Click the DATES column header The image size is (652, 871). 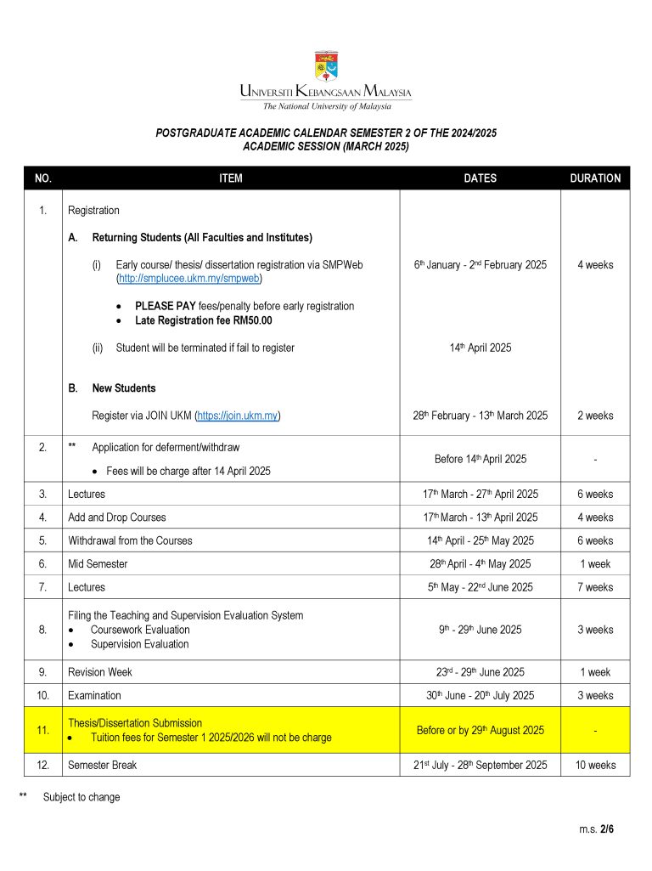480,178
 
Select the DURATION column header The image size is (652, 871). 595,178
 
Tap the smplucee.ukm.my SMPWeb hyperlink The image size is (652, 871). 189,278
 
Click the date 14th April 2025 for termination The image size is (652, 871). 480,348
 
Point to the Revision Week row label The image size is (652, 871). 100,672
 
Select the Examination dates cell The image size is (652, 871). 480,695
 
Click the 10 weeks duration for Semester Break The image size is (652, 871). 595,765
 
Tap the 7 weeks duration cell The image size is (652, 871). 595,587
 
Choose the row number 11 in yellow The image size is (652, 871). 43,730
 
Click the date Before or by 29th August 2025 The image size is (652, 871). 480,730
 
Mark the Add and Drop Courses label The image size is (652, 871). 117,517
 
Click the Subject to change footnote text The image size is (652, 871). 81,797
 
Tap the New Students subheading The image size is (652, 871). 124,388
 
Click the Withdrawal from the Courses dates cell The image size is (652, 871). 480,540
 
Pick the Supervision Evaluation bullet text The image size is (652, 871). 139,644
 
